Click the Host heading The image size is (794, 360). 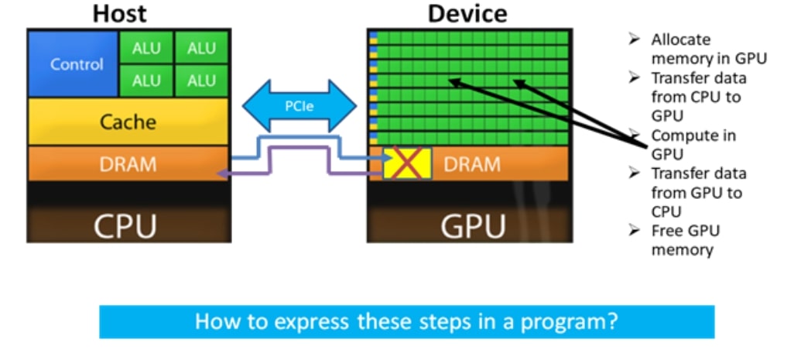120,13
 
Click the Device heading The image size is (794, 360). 467,13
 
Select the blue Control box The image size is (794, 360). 73,63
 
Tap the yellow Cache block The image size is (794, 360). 128,122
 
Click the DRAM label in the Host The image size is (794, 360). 128,164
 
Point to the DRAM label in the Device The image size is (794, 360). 472,164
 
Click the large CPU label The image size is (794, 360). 125,226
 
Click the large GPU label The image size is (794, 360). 473,226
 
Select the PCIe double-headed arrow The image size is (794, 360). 299,106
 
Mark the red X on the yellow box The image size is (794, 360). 407,163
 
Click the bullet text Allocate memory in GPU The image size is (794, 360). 708,49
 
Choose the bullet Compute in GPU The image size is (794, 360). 693,145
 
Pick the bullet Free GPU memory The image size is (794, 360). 685,240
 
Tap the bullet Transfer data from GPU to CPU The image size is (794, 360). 698,193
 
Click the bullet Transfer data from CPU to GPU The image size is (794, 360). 698,97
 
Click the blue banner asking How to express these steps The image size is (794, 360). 406,322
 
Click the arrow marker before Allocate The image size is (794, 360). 634,39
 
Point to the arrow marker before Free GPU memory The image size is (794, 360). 634,231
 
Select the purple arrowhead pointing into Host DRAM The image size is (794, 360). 221,174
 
